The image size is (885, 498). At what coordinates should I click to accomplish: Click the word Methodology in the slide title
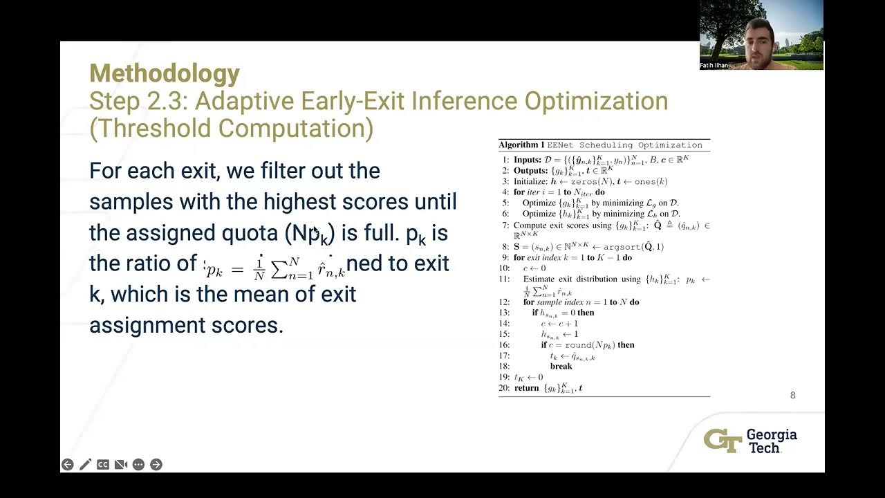point(165,73)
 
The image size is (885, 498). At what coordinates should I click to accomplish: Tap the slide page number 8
point(792,396)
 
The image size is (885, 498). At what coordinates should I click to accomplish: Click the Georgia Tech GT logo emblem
point(723,441)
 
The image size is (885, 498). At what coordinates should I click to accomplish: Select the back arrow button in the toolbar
point(67,465)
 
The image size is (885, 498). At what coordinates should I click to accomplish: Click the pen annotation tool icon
point(85,465)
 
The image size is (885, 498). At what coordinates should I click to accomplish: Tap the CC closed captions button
point(103,465)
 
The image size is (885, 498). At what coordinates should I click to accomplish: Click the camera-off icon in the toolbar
point(120,465)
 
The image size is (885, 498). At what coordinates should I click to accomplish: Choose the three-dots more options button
point(138,465)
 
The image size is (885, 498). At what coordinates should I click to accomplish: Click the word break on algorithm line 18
point(561,367)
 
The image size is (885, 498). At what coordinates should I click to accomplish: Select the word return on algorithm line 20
point(527,388)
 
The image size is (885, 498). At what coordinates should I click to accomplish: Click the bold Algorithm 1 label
point(521,145)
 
